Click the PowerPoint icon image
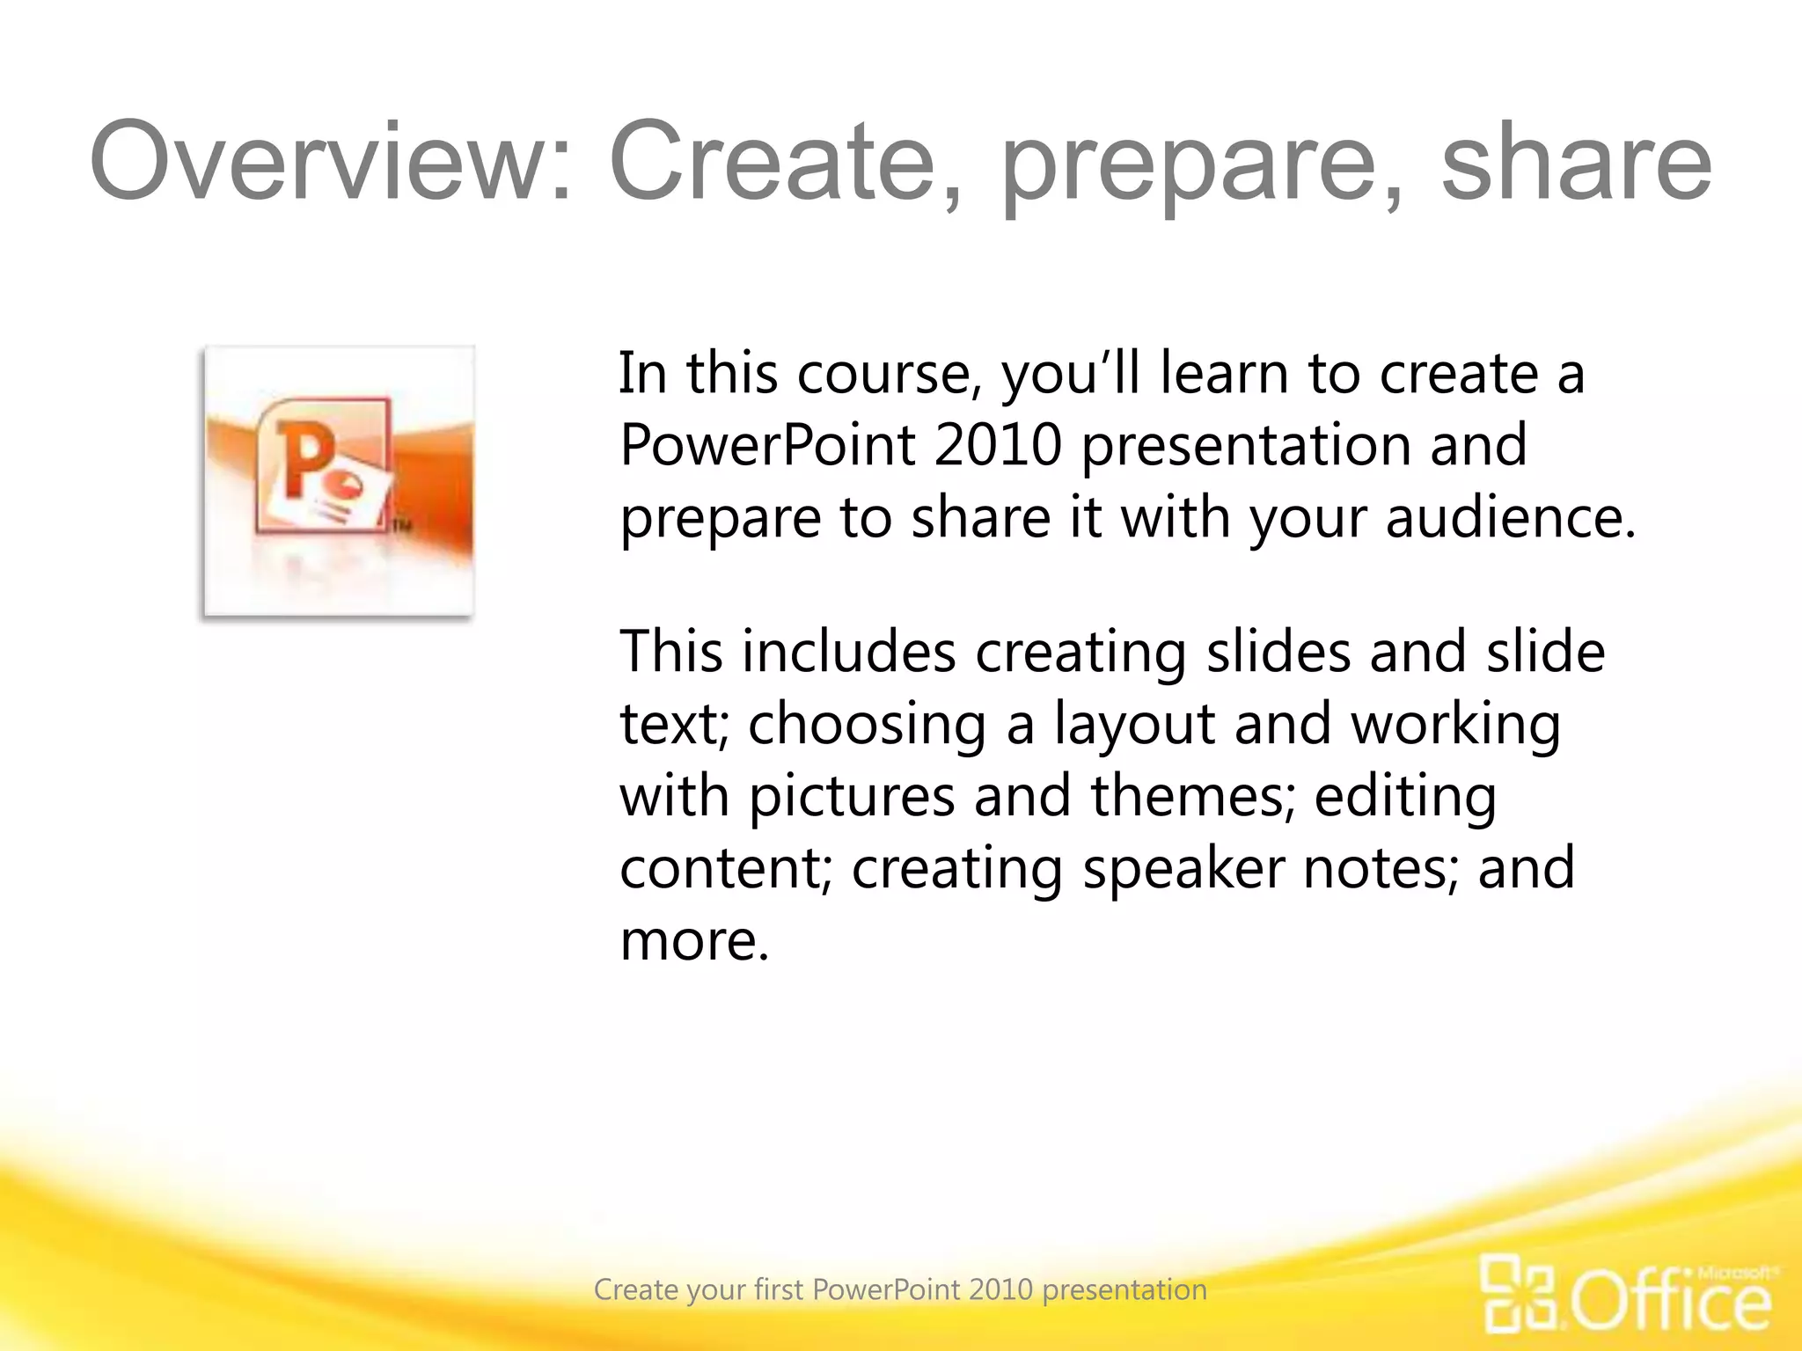click(x=339, y=481)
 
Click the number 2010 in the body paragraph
click(x=998, y=444)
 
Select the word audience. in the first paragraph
click(x=1511, y=517)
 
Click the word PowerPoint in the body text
click(x=767, y=444)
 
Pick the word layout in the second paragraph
click(x=1135, y=726)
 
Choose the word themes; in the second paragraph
click(x=1193, y=796)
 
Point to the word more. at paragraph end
click(x=694, y=941)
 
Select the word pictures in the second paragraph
click(x=852, y=796)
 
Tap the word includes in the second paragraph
click(x=848, y=653)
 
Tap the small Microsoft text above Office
click(x=1734, y=1272)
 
